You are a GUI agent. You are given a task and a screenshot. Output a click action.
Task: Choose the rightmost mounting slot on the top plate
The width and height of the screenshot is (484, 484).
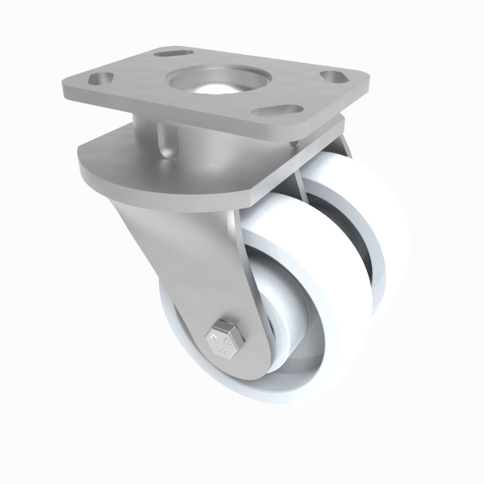coord(332,77)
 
